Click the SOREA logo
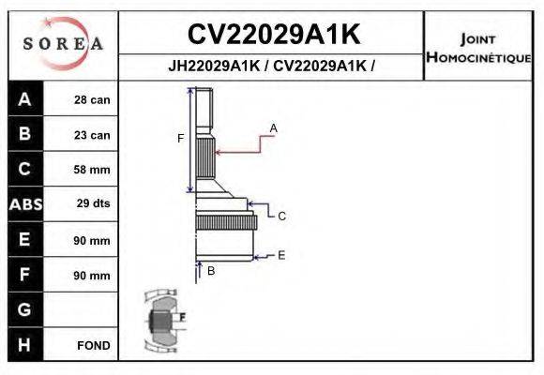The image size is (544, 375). pos(62,43)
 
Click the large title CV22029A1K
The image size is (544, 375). pos(274,35)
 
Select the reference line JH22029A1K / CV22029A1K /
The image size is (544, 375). pos(272,67)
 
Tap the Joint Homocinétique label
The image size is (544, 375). pos(478,48)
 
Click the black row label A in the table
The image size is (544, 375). pos(24,100)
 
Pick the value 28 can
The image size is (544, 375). pos(92,100)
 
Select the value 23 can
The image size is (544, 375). pos(92,135)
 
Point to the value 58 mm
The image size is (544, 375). pos(92,170)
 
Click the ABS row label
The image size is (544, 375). pos(24,204)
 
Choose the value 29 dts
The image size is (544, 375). pos(92,204)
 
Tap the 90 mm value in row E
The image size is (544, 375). pos(92,240)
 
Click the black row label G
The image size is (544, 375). pos(24,309)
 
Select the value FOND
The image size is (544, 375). pos(94,345)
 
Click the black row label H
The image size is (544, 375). pos(24,345)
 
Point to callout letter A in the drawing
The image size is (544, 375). pos(274,127)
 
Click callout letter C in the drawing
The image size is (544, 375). pos(281,216)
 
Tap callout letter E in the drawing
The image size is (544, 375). pos(281,254)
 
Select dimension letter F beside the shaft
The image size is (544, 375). pos(180,139)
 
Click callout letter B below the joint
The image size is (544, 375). pos(211,271)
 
